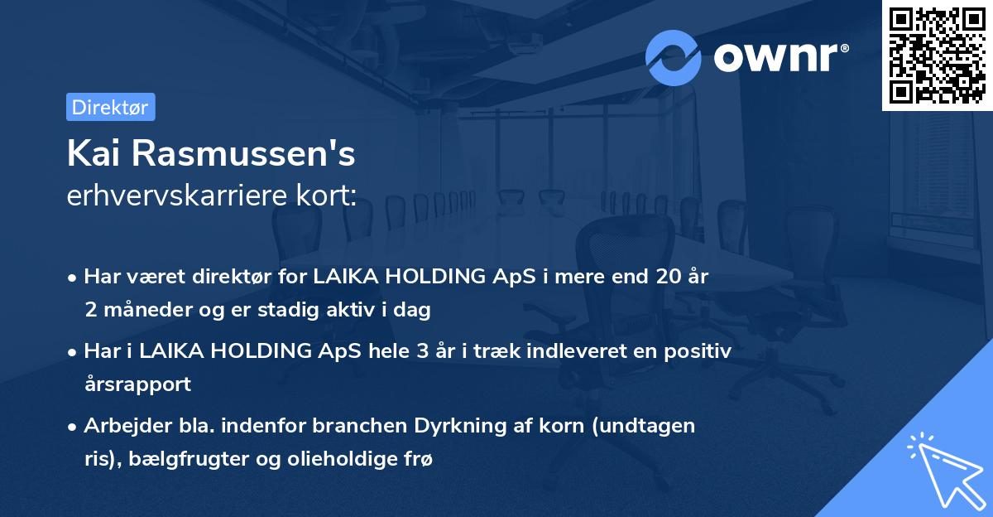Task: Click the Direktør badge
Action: pos(110,107)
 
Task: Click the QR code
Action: pos(937,56)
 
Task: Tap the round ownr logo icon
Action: pos(674,57)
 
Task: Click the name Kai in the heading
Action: pos(94,154)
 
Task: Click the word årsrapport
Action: pos(137,384)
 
